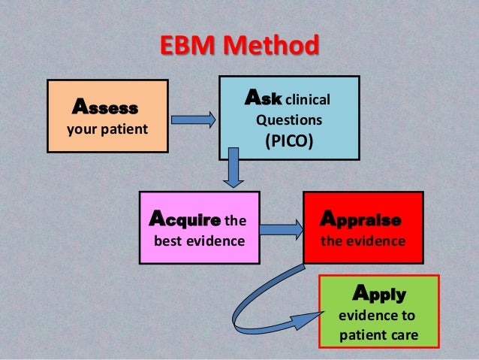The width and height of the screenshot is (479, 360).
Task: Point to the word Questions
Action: [289, 119]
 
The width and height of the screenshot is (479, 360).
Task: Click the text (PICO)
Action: [288, 141]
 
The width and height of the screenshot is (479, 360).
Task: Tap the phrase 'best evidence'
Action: [199, 241]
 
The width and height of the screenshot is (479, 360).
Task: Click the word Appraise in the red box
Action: [360, 220]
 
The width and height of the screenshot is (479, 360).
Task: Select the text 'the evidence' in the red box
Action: [363, 241]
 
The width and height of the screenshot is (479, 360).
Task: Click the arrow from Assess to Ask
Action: [193, 119]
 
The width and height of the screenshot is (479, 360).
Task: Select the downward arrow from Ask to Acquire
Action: [233, 168]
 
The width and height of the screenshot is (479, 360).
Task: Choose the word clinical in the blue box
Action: [308, 98]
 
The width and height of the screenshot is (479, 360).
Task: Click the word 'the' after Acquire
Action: [236, 221]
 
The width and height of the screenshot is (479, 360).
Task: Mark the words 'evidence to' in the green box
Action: [378, 315]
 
